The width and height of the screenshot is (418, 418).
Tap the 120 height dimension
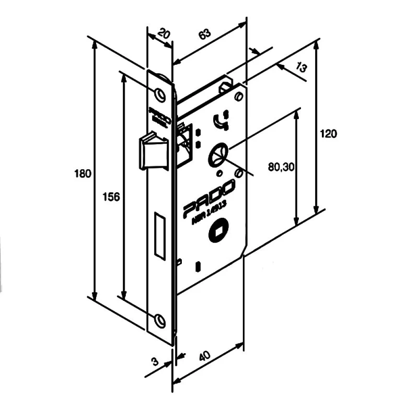pos(328,133)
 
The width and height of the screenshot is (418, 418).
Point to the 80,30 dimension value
pos(282,167)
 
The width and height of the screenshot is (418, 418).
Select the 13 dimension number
pos(301,67)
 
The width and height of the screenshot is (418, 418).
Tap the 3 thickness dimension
pos(155,361)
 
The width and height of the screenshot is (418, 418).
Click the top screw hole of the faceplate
pos(160,94)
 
